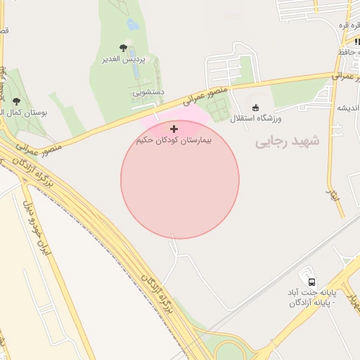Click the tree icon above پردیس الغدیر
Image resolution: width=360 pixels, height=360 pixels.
(124, 48)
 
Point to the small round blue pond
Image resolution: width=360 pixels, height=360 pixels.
(132, 24)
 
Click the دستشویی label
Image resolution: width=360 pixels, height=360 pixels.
(149, 92)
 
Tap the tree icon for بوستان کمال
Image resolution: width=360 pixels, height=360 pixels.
(16, 101)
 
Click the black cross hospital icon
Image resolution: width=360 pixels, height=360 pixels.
(174, 129)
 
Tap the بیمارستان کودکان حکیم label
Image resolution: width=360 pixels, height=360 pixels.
(174, 141)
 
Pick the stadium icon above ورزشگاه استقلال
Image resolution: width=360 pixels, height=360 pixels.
(255, 108)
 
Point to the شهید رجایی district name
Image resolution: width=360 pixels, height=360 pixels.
(286, 141)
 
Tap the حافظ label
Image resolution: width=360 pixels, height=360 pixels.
(349, 52)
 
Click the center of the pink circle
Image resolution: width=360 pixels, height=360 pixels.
(180, 179)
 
